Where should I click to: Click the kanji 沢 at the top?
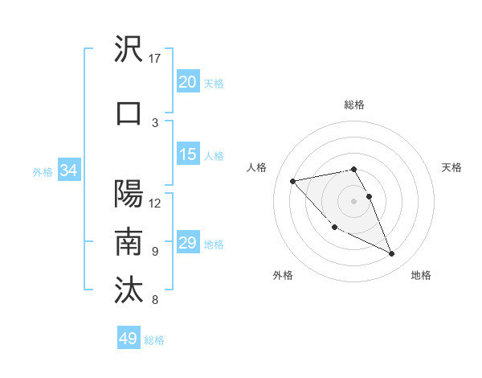(129, 50)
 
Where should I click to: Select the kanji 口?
(129, 113)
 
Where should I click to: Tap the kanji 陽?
(129, 195)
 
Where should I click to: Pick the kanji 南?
(129, 243)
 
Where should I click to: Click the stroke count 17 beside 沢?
(155, 58)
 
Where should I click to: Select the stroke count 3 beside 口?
(155, 122)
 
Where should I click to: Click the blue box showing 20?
(188, 82)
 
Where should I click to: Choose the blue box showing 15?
(188, 154)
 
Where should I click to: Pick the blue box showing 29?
(188, 243)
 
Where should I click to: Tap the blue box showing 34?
(69, 171)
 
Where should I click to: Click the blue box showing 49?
(128, 339)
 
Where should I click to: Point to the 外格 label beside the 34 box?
(43, 171)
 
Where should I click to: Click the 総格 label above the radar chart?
(353, 105)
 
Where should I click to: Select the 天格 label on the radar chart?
(451, 167)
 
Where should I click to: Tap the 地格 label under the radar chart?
(421, 275)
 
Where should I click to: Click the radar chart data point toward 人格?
(292, 180)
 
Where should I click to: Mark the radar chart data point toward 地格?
(392, 254)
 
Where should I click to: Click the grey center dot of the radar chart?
(353, 200)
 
